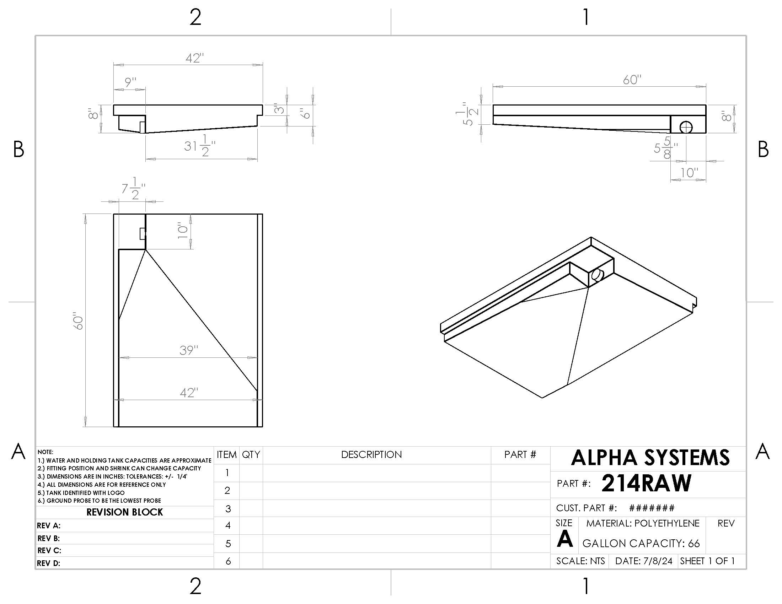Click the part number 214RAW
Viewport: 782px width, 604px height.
point(646,484)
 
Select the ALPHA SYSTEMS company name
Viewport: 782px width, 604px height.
point(650,458)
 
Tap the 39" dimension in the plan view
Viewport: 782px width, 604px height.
point(189,350)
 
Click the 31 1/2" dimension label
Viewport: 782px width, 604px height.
point(199,146)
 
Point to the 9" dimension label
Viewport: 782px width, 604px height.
point(131,82)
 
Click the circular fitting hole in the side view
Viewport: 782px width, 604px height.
point(686,127)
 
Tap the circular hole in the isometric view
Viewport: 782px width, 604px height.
point(597,275)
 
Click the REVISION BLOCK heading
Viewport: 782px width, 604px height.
point(125,512)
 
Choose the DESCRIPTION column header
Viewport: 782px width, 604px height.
point(371,455)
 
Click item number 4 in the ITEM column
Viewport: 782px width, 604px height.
point(228,525)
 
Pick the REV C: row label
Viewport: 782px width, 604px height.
point(49,550)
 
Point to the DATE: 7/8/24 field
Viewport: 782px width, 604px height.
point(643,561)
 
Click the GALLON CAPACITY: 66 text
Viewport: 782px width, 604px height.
point(641,543)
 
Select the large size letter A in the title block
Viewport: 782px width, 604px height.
point(565,539)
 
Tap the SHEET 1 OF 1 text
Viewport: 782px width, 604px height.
point(707,561)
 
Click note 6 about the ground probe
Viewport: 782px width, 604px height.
point(100,501)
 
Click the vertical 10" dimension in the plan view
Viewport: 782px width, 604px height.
point(183,231)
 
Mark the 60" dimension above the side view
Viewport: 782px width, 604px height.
point(632,80)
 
